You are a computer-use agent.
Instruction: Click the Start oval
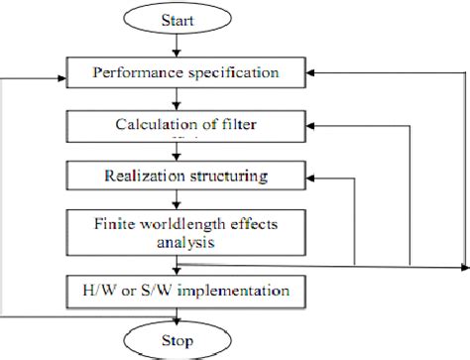[x=176, y=20]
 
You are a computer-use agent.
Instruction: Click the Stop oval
[x=176, y=340]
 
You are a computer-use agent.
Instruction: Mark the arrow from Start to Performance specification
[x=176, y=46]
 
